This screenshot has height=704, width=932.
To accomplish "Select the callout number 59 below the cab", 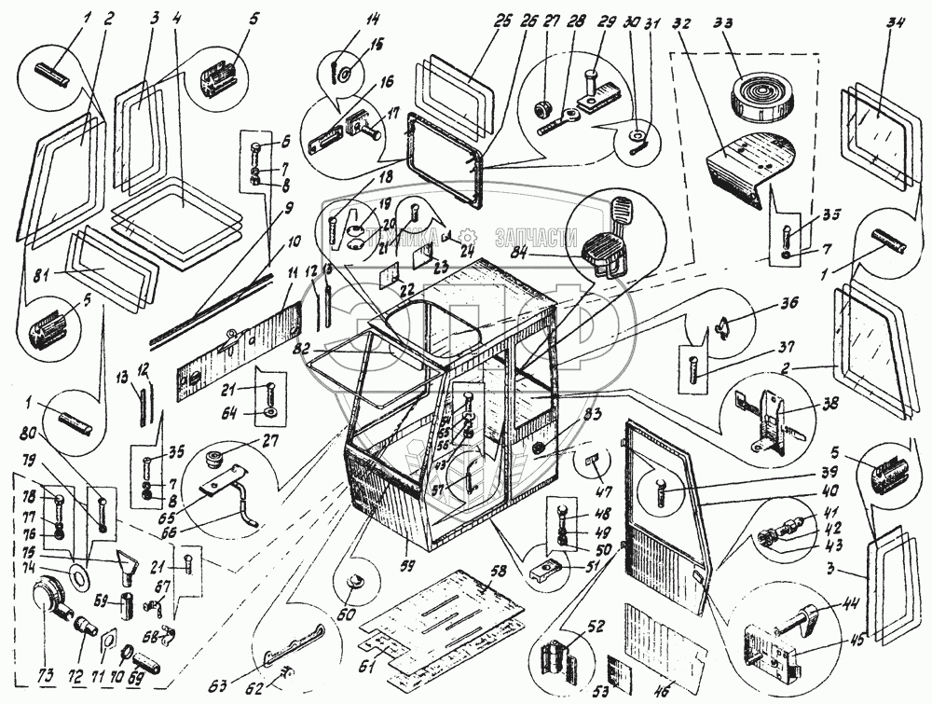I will (406, 564).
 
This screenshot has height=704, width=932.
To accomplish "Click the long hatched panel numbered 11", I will (240, 340).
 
